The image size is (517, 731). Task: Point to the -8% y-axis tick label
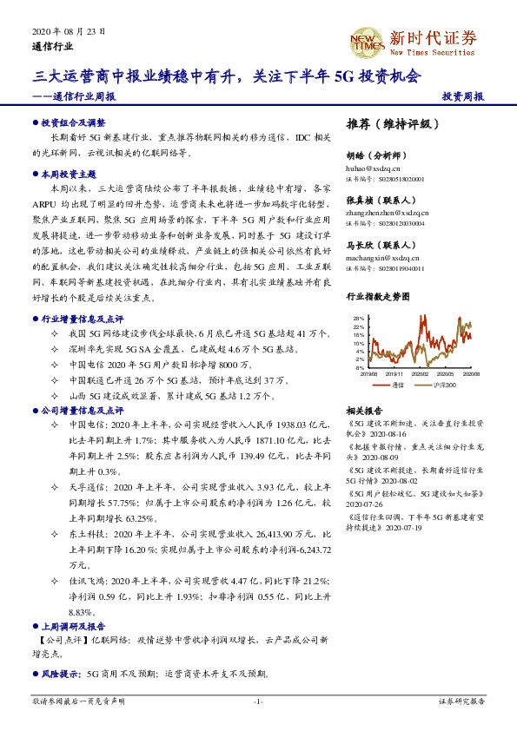click(x=359, y=367)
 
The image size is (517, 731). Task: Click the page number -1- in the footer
click(x=258, y=701)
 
